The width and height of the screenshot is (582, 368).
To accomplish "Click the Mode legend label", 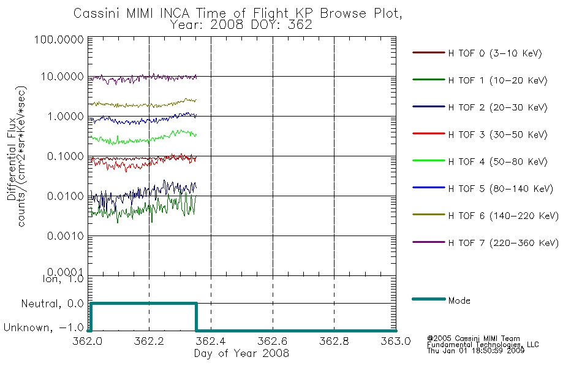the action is tap(459, 301).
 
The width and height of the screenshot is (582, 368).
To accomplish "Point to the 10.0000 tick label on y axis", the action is tap(62, 77).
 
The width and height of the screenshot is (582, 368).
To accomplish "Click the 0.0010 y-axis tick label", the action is tap(66, 236).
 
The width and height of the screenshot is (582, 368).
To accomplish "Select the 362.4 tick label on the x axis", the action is tap(211, 341).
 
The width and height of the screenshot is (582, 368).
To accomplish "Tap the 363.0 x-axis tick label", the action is tap(396, 341).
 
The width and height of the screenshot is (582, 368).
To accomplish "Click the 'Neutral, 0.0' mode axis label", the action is tap(52, 304).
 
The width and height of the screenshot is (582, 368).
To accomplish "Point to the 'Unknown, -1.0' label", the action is tap(43, 328).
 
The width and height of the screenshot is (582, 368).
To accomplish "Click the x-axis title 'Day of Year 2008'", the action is tap(241, 353).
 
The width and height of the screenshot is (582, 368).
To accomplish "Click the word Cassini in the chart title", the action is tap(97, 13).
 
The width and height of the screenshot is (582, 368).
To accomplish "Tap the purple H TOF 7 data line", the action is tap(144, 78).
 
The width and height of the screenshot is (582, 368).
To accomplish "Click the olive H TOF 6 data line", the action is tap(144, 105).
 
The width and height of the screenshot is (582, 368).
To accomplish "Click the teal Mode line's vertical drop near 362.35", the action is tap(197, 317).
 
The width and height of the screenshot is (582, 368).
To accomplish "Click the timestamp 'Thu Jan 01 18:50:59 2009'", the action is tap(475, 351).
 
